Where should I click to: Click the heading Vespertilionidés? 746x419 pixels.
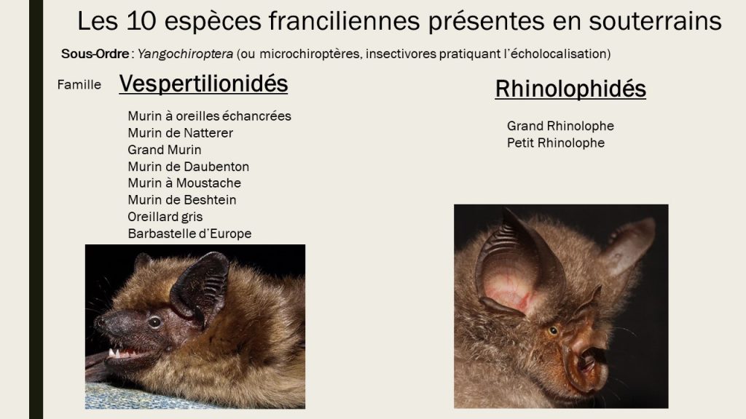(x=203, y=84)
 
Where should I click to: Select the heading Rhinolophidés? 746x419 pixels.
(x=570, y=89)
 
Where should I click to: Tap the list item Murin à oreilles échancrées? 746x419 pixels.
(x=209, y=116)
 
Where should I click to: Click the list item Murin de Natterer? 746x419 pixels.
(x=181, y=133)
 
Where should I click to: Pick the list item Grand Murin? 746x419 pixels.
(x=165, y=150)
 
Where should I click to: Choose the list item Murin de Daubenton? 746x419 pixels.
(x=189, y=167)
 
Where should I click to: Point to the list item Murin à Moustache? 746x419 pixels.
(x=184, y=183)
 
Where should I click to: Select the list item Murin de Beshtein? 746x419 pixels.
(x=182, y=200)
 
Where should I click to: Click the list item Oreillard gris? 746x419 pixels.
(x=165, y=217)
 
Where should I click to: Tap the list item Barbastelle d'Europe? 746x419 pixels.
(x=190, y=234)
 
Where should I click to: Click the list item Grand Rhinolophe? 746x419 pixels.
(x=560, y=126)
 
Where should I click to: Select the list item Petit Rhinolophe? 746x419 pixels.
(x=556, y=143)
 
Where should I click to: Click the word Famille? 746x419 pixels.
(x=79, y=84)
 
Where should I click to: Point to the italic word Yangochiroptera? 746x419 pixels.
(x=186, y=54)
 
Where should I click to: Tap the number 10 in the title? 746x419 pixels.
(x=142, y=21)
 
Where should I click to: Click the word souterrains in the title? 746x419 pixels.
(x=655, y=21)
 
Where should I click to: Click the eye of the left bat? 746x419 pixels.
(x=154, y=322)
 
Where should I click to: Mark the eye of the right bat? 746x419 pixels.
(x=553, y=330)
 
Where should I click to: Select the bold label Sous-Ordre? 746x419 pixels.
(x=95, y=54)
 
